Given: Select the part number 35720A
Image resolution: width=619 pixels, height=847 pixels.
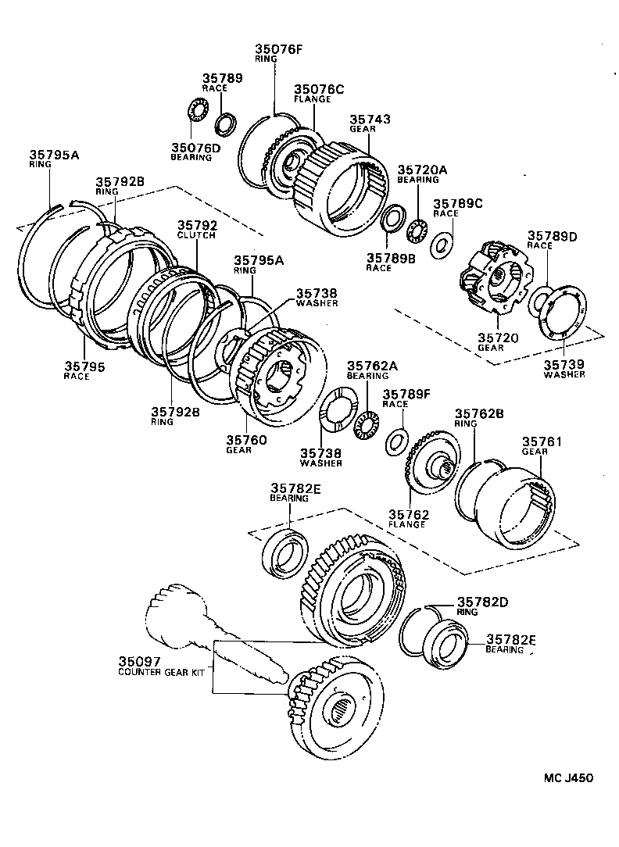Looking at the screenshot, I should point(422,170).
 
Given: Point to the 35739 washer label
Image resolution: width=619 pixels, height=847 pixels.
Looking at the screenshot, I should point(565,364).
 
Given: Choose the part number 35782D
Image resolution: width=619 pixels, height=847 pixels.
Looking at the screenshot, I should point(482,602).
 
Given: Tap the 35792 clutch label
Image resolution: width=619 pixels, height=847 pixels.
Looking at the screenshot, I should point(196,225).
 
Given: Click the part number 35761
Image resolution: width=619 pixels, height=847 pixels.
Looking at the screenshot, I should point(542,441).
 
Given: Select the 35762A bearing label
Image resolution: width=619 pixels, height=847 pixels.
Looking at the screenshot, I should point(367,365).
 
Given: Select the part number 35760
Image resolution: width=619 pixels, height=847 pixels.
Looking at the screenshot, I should point(246,440).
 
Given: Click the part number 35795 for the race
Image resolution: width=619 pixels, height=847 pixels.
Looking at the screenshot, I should point(84,366).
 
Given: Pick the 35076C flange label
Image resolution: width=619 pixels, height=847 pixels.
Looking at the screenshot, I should point(318,90).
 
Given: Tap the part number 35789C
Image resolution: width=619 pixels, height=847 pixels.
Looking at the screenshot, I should point(458,203).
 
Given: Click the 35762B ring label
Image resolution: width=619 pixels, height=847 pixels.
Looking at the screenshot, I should point(477,413).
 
